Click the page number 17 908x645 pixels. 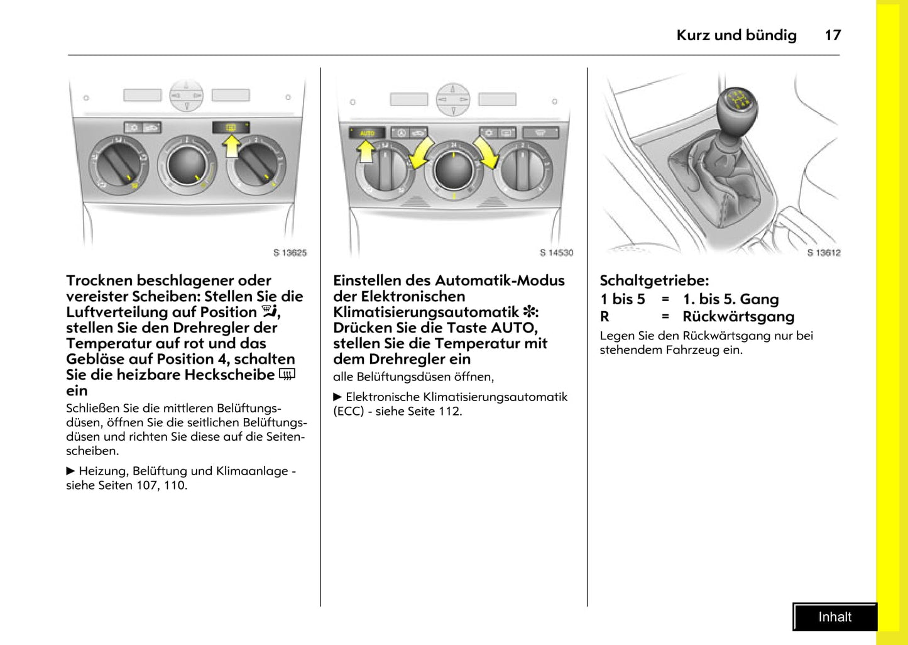833,35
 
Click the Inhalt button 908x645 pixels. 834,617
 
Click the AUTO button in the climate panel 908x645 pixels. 367,133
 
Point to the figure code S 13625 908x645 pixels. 290,253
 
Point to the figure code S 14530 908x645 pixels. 556,253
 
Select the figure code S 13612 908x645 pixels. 823,253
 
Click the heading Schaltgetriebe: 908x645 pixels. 654,280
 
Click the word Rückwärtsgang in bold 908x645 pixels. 738,316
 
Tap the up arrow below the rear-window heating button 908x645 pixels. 231,146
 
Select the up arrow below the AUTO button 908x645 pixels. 366,152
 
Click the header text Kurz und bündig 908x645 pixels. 736,35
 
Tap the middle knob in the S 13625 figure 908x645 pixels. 187,165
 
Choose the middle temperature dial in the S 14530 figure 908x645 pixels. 453,169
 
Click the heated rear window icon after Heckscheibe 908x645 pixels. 287,375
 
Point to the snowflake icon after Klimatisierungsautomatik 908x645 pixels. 529,312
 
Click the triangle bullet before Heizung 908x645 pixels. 71,471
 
